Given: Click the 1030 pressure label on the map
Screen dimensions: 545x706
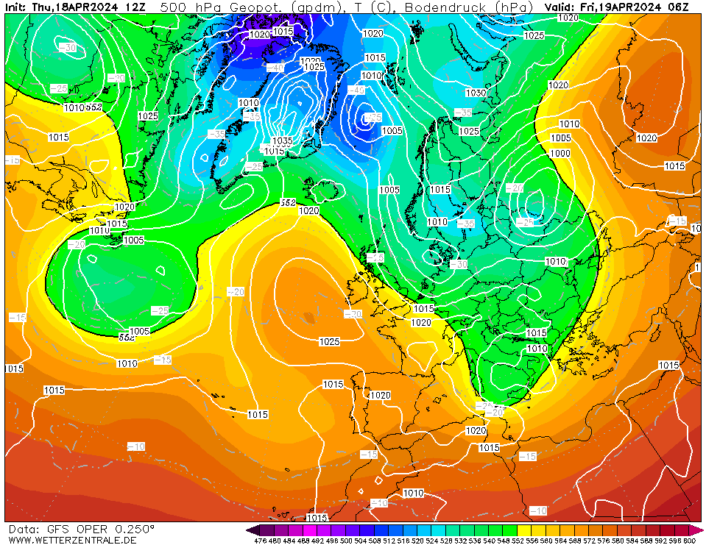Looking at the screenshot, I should pyautogui.click(x=476, y=93).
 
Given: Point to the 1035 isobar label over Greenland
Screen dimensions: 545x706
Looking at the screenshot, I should pyautogui.click(x=283, y=140).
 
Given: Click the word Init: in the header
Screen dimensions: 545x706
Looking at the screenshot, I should pyautogui.click(x=17, y=7).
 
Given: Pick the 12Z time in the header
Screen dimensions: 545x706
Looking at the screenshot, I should pyautogui.click(x=135, y=7).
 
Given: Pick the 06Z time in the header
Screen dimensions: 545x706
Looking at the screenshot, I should pyautogui.click(x=678, y=7).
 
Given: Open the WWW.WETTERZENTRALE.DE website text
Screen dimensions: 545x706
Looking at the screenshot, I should pyautogui.click(x=72, y=540).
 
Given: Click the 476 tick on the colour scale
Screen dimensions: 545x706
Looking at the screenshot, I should pyautogui.click(x=260, y=541).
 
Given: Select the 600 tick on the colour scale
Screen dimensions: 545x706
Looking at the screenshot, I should pyautogui.click(x=688, y=541).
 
